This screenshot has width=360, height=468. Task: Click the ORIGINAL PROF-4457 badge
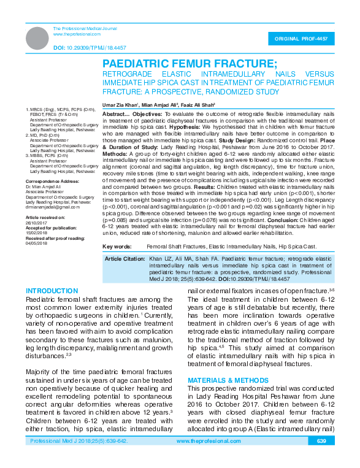305,38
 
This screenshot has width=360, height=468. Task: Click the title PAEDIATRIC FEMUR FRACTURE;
190,63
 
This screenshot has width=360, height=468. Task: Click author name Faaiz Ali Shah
200,105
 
